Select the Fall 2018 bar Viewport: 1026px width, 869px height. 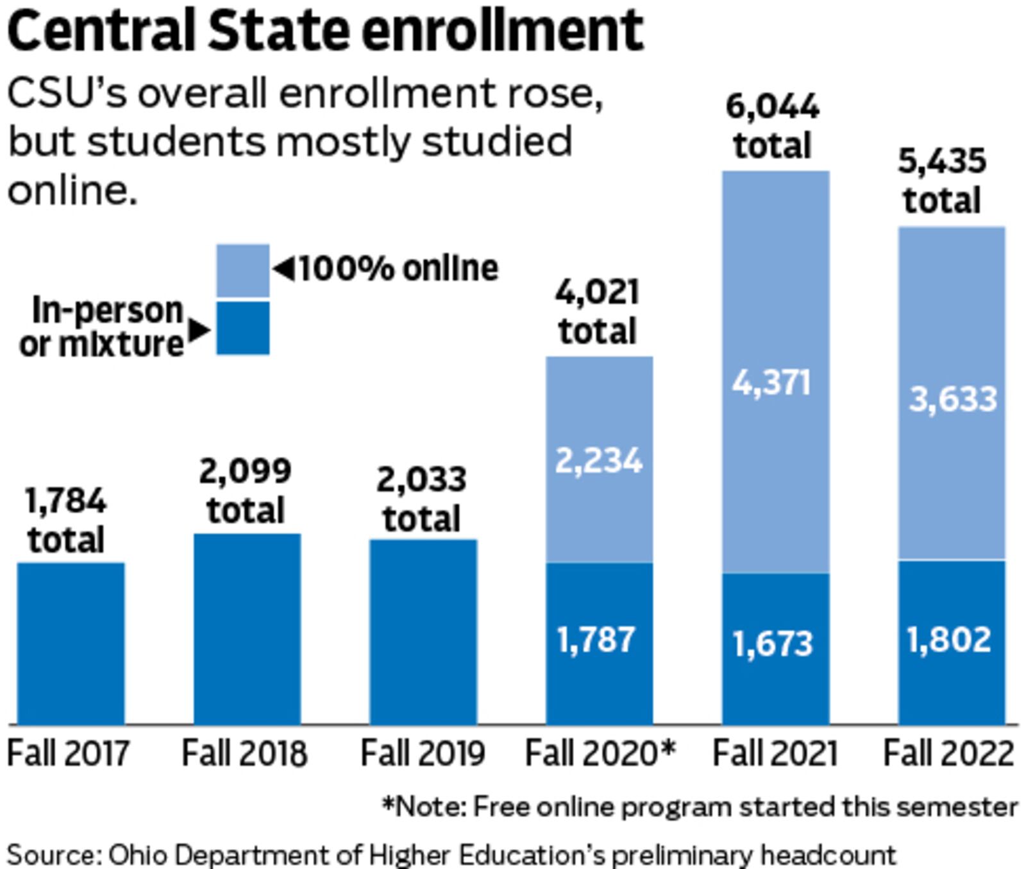point(247,629)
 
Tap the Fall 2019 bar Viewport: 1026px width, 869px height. point(423,632)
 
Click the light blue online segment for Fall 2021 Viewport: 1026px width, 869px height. point(776,289)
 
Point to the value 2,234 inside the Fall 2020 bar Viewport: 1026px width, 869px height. point(599,461)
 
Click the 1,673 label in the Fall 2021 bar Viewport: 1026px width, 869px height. point(773,644)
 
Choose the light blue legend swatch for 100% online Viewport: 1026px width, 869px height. point(242,270)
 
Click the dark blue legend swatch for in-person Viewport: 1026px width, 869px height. point(242,328)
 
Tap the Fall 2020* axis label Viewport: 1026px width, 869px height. point(600,753)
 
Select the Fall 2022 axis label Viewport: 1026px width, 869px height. point(948,753)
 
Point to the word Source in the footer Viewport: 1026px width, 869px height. point(53,855)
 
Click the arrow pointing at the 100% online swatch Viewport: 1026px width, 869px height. point(284,268)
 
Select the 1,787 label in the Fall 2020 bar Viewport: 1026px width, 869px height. point(596,640)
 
